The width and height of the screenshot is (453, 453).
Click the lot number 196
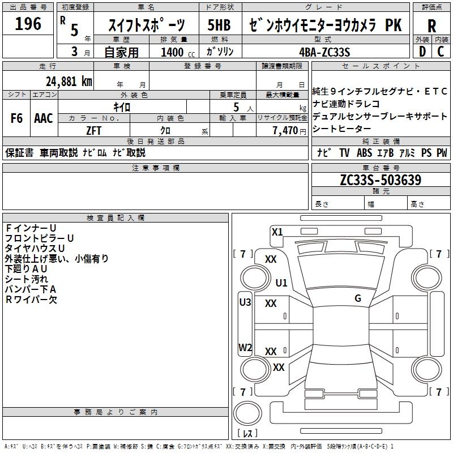(x=28, y=24)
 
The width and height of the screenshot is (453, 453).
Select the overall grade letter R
(x=431, y=25)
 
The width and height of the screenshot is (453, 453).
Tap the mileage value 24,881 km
(x=69, y=81)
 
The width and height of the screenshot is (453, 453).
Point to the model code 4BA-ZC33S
(x=325, y=52)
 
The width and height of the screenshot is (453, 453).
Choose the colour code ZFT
(x=94, y=130)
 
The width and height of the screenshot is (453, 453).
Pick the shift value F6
(x=16, y=118)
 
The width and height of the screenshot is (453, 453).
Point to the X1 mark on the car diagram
(x=277, y=232)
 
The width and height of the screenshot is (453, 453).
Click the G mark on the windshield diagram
(x=357, y=298)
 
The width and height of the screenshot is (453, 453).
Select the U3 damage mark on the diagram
(x=245, y=302)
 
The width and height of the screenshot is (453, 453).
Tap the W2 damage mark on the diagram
(x=245, y=348)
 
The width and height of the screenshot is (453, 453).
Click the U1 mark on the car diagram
(x=281, y=283)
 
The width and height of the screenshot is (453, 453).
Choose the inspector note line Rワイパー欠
(x=31, y=300)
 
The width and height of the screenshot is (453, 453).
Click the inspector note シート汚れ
(x=27, y=279)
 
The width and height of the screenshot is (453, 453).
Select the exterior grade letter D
(x=422, y=52)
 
